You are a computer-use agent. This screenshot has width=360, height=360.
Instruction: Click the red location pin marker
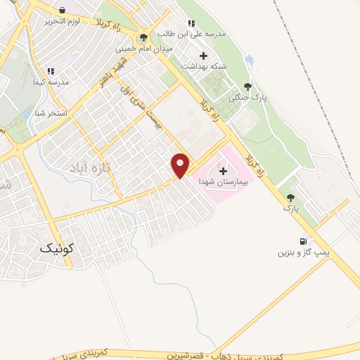(x=181, y=165)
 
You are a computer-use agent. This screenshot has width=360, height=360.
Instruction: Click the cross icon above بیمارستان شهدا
(x=224, y=171)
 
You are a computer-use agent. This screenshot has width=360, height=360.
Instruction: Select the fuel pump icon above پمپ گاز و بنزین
(x=304, y=240)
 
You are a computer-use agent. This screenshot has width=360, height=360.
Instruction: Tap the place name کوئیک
(x=57, y=248)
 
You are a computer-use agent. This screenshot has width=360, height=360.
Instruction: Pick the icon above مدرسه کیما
(x=51, y=72)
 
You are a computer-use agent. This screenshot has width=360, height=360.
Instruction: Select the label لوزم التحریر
(x=65, y=20)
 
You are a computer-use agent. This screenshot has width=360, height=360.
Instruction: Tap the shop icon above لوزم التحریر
(x=63, y=11)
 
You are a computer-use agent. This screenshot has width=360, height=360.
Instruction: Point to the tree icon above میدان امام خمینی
(x=144, y=38)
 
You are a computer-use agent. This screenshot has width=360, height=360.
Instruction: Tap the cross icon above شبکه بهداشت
(x=204, y=56)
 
